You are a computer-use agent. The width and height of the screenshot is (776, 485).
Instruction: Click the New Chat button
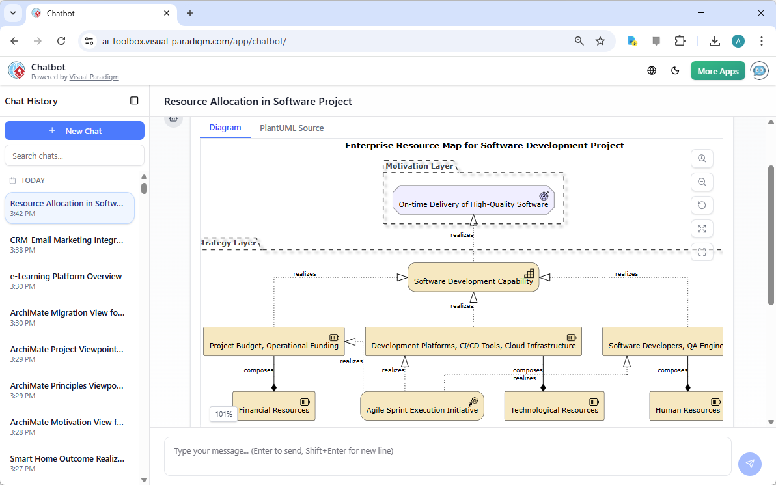pos(74,131)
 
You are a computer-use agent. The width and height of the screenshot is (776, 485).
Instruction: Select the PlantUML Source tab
pos(292,128)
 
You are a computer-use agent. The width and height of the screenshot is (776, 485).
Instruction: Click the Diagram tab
pos(225,128)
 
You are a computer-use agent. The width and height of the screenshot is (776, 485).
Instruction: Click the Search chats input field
pos(74,156)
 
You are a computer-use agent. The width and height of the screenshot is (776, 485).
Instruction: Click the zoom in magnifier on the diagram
pos(702,158)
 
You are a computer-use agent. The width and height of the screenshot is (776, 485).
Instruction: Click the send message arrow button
pos(749,464)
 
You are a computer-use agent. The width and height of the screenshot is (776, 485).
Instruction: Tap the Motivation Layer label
pos(419,166)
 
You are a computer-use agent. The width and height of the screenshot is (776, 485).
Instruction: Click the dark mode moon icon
pos(675,71)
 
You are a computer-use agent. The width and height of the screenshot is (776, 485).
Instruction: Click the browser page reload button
pos(61,41)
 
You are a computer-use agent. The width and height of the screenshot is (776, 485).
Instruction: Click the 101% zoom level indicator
pos(223,414)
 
